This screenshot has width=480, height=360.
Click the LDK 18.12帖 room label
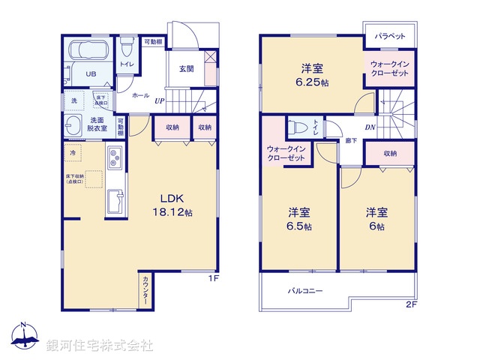click(174, 205)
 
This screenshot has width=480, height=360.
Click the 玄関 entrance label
click(187, 69)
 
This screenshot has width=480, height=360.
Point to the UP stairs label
click(160, 100)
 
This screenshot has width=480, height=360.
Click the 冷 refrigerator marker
click(73, 153)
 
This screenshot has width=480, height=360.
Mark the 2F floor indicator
click(411, 304)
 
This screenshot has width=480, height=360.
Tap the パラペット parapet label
click(390, 36)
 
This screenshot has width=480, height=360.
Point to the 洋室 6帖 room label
click(376, 217)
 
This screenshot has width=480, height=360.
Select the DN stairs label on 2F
click(370, 127)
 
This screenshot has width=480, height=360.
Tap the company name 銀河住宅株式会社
click(99, 346)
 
